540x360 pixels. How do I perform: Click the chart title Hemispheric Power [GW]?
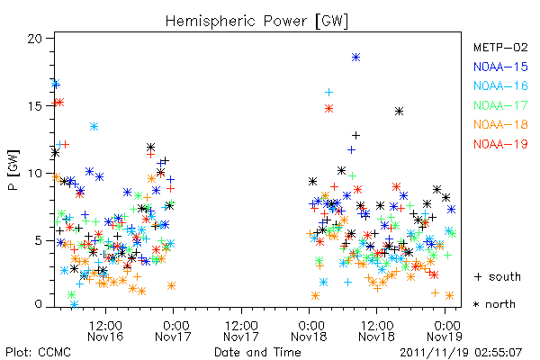tap(256, 22)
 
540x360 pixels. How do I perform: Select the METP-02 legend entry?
tap(500, 47)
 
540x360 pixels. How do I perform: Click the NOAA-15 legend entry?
tap(500, 67)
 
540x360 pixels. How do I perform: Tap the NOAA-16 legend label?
tap(500, 85)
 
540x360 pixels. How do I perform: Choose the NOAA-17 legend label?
tap(500, 105)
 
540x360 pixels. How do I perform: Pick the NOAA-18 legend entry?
tap(500, 124)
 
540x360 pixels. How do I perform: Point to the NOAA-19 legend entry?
tap(500, 144)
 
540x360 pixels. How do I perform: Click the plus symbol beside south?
tap(478, 276)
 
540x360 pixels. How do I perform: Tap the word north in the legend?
tap(500, 304)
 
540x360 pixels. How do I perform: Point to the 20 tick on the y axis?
tap(35, 39)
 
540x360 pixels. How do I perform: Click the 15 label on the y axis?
tap(35, 106)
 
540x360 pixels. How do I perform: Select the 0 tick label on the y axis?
tap(38, 304)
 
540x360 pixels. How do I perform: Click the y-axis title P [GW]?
tap(13, 170)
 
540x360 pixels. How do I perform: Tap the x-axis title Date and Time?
tap(257, 352)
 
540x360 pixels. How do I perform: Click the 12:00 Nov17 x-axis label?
tap(241, 331)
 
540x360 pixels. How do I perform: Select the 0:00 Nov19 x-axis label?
tap(445, 331)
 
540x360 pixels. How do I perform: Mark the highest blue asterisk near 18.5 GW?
tap(355, 58)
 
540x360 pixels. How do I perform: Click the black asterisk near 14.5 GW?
tap(399, 112)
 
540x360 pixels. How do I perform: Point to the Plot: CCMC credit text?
tap(38, 353)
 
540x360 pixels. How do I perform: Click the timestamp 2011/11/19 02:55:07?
tap(461, 353)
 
